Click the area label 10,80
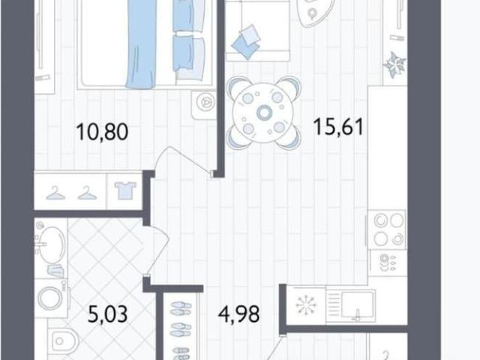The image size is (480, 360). pos(102,132)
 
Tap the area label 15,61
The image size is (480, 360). pos(338,127)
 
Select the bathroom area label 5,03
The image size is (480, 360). pos(107,314)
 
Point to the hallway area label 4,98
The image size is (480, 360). pos(239,313)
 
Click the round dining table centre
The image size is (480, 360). pos(263,112)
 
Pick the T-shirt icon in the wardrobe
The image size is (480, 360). pos(125,190)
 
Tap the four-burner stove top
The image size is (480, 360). pos(388,229)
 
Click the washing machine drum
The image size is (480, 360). pos(50,297)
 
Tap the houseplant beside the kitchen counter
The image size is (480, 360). pos(394,64)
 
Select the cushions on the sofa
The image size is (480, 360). pos(246,42)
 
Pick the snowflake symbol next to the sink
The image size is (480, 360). pos(305,304)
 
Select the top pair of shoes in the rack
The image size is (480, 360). pos(181,308)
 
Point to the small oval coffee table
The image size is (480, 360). pos(312,12)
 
